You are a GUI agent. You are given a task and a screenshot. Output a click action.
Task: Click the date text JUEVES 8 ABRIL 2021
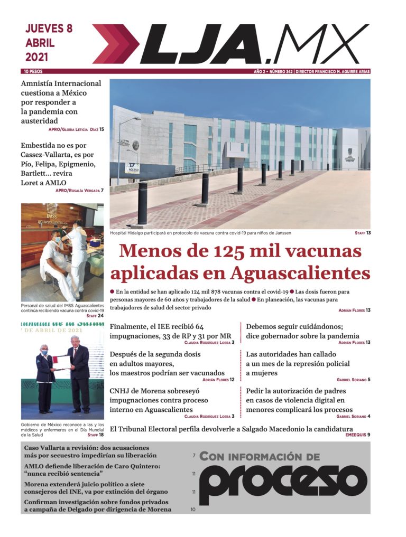49,42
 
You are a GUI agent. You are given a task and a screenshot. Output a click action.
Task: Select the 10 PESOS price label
33,71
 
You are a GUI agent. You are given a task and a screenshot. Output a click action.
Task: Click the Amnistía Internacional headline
61,102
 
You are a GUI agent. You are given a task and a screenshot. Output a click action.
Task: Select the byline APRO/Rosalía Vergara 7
79,190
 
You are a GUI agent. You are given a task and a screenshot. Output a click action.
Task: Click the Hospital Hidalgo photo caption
200,233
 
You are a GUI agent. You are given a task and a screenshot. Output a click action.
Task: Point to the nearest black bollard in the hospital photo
142,204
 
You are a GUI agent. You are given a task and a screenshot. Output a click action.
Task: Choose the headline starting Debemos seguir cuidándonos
302,331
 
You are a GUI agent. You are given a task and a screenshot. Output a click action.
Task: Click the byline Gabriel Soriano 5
353,380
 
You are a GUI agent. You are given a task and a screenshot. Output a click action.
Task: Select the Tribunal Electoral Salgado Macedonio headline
231,429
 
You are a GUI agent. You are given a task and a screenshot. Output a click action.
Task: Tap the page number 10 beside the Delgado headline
193,510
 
